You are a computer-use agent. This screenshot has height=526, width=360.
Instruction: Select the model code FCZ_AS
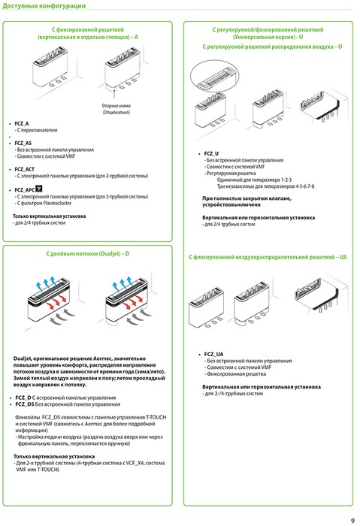tap(23, 143)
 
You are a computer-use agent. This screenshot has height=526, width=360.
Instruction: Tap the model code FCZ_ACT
tap(26, 170)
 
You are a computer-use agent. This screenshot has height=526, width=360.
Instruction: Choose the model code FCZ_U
tap(211, 153)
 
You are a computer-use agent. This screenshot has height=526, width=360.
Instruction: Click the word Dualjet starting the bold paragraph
tap(26, 359)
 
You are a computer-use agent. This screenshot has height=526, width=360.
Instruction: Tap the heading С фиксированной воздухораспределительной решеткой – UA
tap(268, 258)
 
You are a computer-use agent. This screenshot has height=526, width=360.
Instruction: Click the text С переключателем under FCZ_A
tap(41, 129)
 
